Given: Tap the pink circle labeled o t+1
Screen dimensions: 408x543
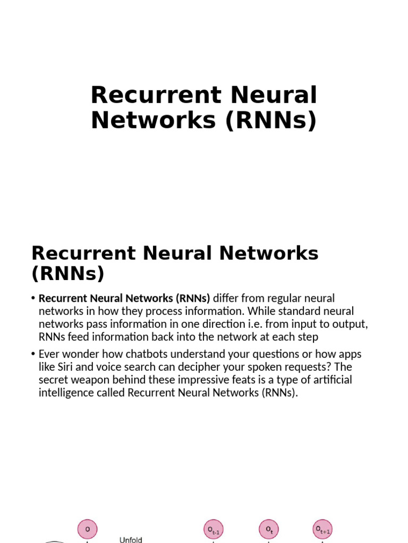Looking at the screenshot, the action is [323, 529].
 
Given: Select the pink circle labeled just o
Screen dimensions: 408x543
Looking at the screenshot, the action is [88, 530].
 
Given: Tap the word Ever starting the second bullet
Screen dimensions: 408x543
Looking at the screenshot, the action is [49, 354].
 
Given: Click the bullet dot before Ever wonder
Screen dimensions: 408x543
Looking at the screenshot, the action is [33, 354].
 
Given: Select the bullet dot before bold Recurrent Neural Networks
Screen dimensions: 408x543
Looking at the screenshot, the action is [33, 299].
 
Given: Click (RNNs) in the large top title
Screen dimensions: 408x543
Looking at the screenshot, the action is [271, 120].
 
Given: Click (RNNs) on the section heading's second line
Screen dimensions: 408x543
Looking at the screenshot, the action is [68, 274].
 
